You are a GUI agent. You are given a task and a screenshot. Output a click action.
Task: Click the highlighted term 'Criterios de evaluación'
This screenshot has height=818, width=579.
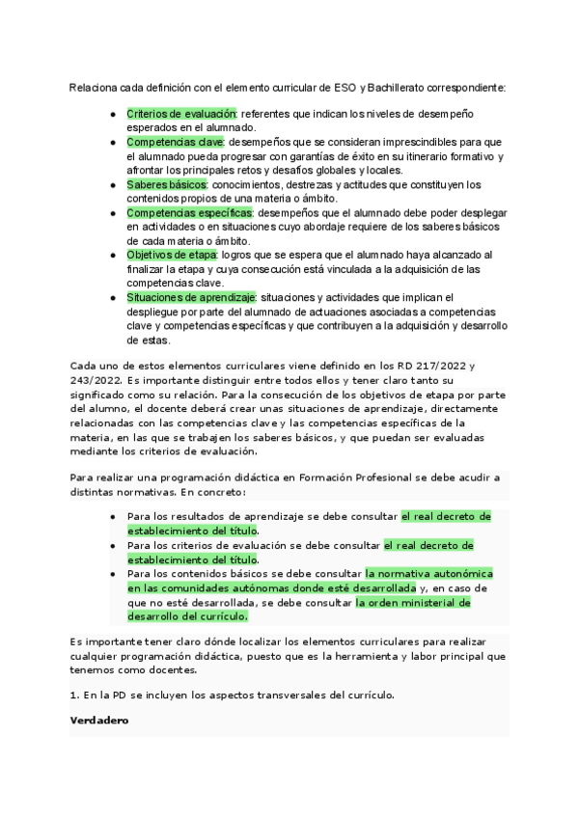(x=181, y=114)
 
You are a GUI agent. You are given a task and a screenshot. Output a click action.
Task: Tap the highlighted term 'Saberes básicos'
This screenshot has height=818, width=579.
(x=167, y=184)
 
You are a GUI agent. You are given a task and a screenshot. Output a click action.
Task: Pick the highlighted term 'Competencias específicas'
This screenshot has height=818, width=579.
(x=189, y=212)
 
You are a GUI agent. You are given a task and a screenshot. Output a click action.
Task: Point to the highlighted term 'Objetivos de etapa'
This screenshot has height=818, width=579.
(x=172, y=255)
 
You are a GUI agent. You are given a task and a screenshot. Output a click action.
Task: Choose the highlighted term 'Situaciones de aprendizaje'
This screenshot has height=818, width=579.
(x=191, y=298)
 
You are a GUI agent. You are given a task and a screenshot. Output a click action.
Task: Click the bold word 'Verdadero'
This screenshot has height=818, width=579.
(x=99, y=722)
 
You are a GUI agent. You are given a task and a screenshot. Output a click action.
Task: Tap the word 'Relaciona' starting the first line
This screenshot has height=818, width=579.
(x=94, y=88)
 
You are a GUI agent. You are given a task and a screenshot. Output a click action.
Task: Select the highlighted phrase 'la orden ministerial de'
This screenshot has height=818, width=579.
(x=413, y=603)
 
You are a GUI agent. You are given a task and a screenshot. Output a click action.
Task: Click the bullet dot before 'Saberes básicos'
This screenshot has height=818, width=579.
(x=115, y=184)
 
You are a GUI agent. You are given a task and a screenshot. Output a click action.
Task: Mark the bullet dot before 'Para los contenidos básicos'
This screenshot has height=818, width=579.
(x=115, y=574)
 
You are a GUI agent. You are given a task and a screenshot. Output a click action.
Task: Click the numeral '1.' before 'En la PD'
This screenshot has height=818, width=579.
(x=75, y=695)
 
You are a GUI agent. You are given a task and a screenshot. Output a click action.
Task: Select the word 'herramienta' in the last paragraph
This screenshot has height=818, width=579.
(x=378, y=656)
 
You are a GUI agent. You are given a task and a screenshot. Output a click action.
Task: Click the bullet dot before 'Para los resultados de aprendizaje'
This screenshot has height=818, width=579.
(x=115, y=517)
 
